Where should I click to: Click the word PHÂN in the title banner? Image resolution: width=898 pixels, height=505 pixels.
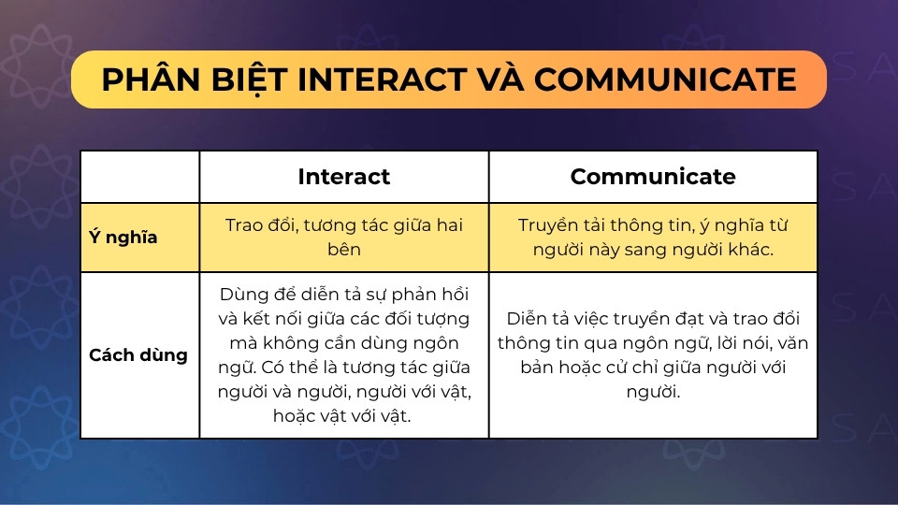(152, 79)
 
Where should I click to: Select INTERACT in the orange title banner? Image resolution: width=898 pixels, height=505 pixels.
(382, 79)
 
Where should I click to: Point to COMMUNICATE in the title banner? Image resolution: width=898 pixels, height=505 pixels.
(665, 79)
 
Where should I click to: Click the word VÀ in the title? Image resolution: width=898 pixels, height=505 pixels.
(500, 79)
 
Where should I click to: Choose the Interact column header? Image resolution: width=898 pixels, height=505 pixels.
(343, 177)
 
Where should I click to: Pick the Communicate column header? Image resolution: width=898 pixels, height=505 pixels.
(653, 177)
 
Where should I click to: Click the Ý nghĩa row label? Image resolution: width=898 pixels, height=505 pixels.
(123, 237)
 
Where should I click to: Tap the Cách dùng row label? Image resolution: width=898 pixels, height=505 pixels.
(138, 355)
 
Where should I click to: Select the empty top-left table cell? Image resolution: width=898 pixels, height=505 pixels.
(140, 177)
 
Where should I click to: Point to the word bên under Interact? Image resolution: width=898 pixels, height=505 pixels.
(344, 249)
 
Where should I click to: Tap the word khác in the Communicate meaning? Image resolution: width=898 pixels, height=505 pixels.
(749, 249)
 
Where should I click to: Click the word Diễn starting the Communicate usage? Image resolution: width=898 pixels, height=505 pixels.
(528, 318)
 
